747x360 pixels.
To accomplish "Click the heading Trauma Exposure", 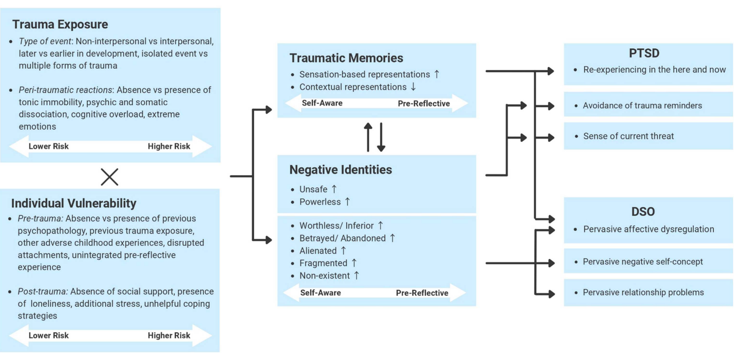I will point(60,24).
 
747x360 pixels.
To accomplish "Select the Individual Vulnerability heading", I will point(74,203).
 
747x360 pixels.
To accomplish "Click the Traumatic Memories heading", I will point(346,58).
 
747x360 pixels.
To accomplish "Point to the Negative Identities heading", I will point(341,170).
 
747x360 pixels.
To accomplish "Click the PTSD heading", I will point(648,53).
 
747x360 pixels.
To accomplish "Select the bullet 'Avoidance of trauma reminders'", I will point(642,105).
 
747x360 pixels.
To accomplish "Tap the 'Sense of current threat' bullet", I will point(628,136).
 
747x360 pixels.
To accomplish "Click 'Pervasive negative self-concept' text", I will point(643,262).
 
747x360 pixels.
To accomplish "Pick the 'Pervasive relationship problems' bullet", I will point(643,293).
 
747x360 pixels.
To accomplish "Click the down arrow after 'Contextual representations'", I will point(413,87).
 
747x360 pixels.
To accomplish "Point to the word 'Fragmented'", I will point(323,263).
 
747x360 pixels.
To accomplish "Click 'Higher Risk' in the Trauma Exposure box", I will point(169,146).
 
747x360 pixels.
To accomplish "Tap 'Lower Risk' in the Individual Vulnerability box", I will point(48,336).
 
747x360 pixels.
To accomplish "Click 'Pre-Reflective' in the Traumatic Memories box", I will point(424,103).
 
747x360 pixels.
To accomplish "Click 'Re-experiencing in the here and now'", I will point(654,70).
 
